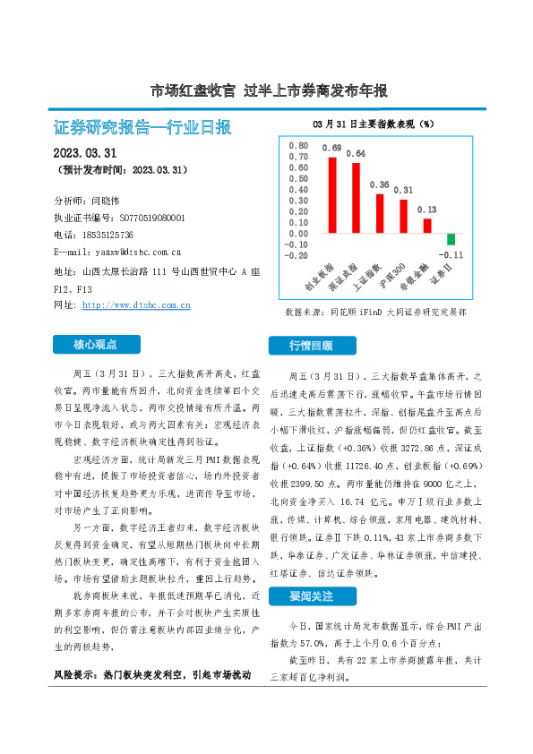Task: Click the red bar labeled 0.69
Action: coord(332,194)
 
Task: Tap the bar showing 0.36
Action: coord(380,213)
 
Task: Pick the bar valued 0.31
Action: coord(403,216)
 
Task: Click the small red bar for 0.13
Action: coord(427,226)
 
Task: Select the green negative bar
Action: coord(451,239)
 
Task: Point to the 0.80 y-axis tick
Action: coord(297,145)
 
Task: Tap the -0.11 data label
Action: coord(451,254)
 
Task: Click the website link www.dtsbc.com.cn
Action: coord(136,305)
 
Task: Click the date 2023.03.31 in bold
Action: coord(86,152)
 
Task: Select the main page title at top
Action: coord(268,90)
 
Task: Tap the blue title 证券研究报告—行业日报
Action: coord(143,126)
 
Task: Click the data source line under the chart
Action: coord(375,313)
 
